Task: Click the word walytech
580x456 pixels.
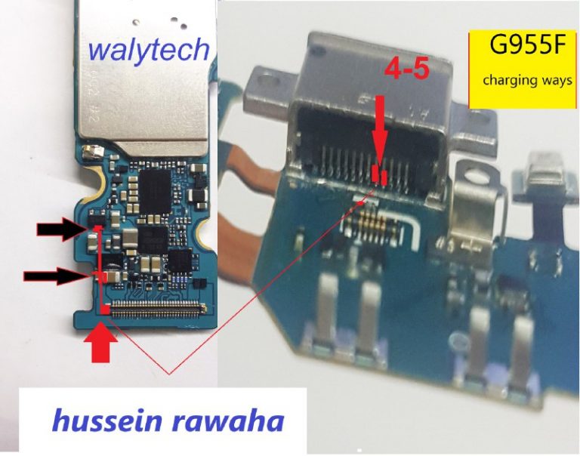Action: coord(149,51)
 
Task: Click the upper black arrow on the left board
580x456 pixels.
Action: coord(61,229)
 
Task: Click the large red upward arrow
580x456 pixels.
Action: coord(100,342)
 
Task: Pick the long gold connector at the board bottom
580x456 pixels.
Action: coord(159,310)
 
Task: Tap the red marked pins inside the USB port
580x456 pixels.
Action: coord(380,175)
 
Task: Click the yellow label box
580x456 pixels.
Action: coord(523,70)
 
